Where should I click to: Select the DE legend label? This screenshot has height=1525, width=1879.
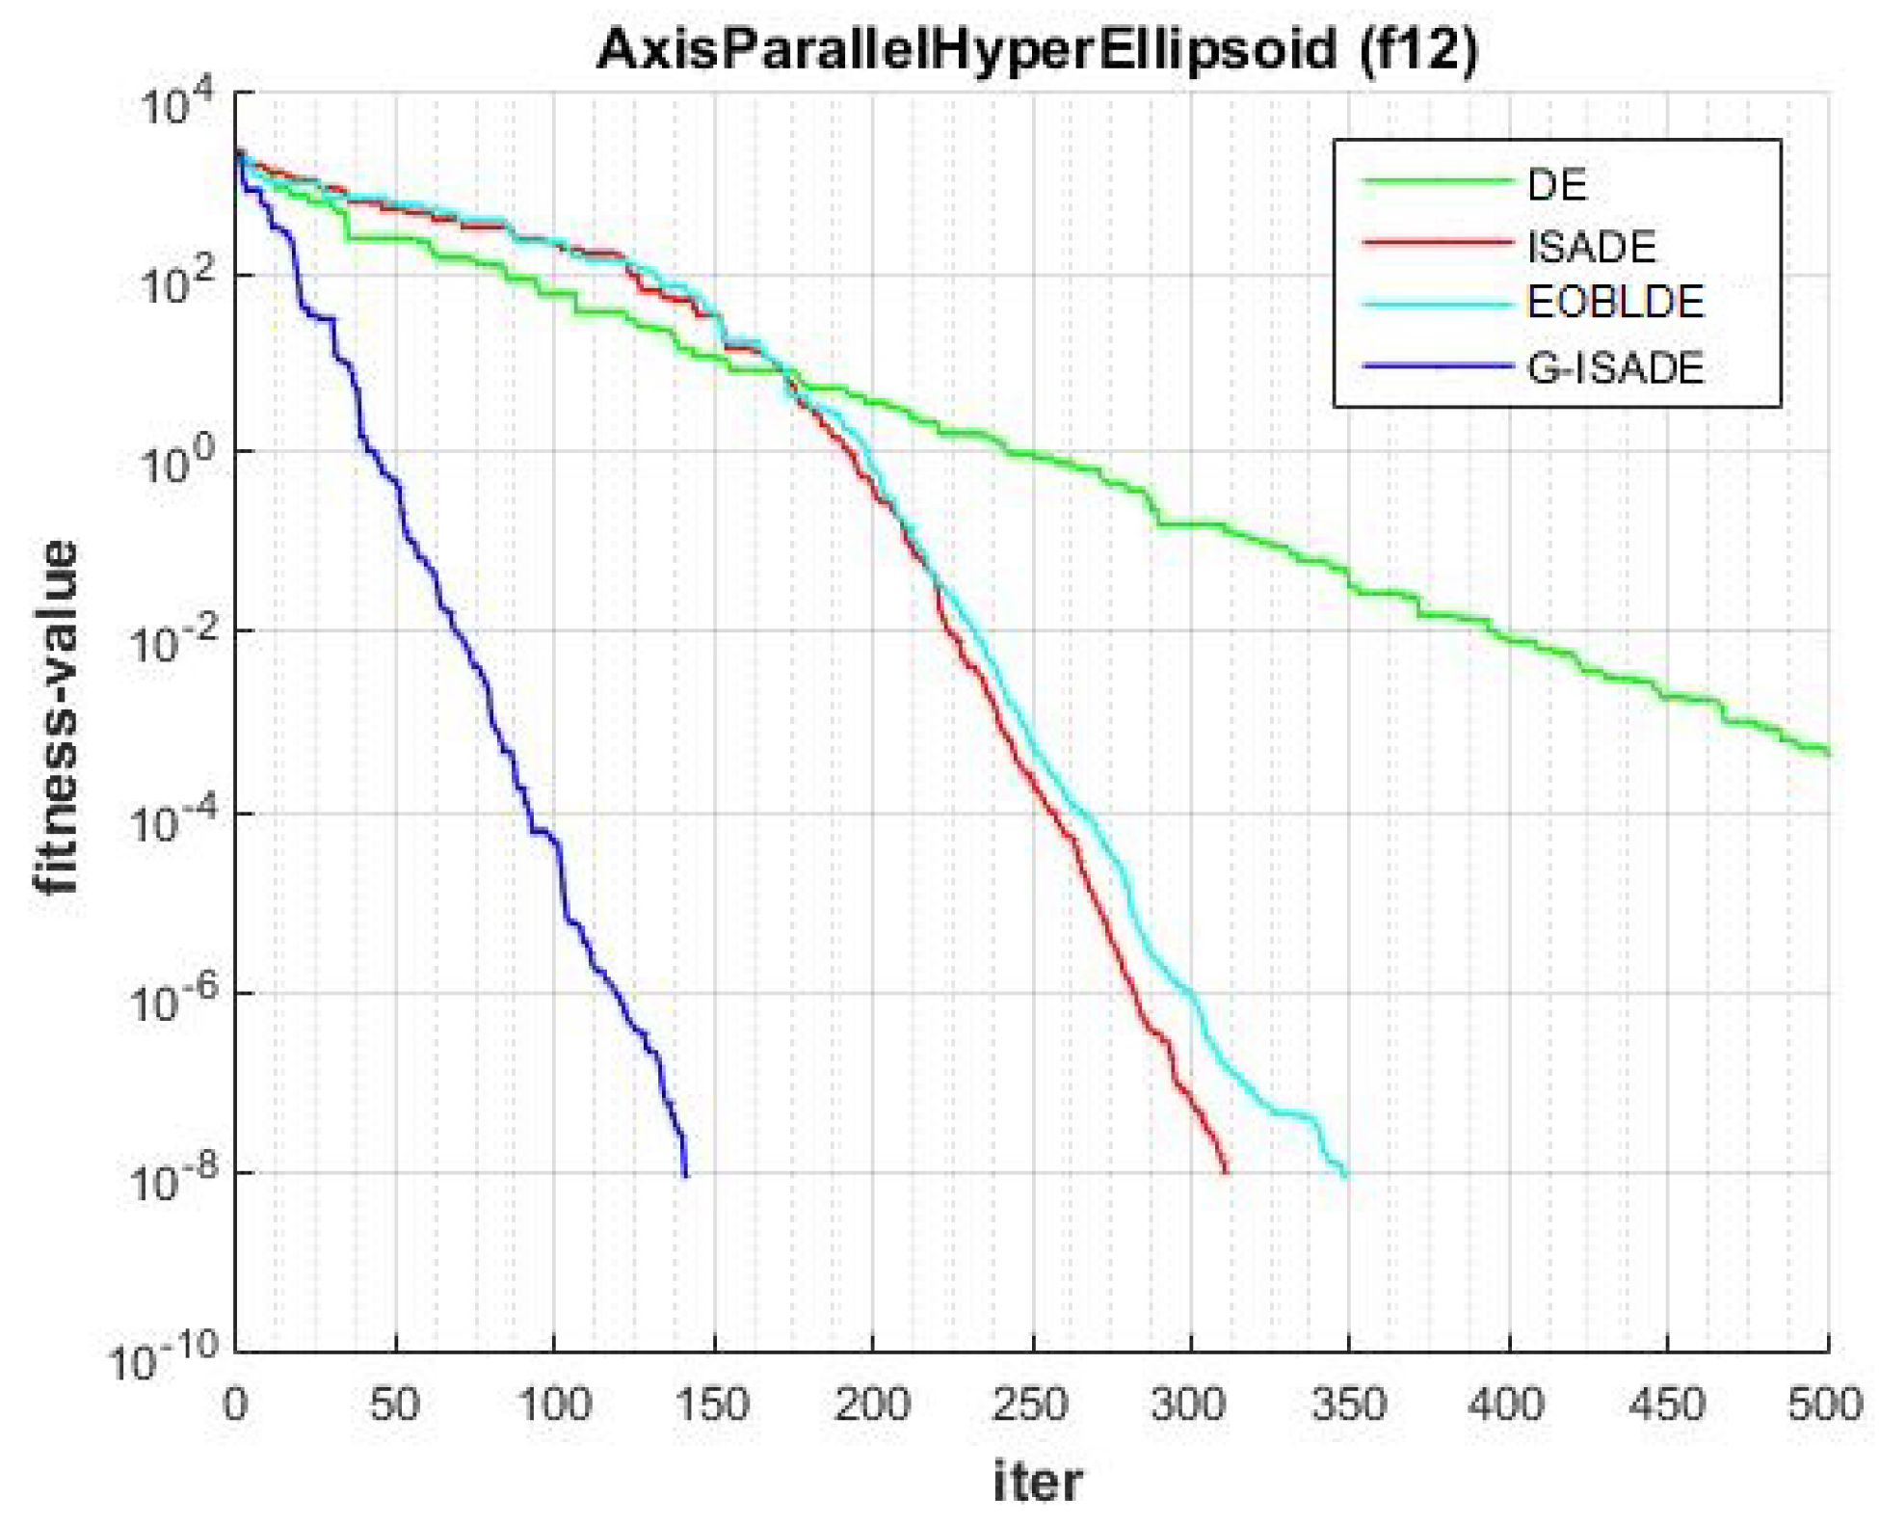tap(1556, 184)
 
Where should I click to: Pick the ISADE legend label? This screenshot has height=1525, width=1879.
tap(1591, 247)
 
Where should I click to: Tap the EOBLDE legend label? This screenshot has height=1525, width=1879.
tap(1615, 303)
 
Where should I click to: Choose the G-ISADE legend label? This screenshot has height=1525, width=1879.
tap(1615, 367)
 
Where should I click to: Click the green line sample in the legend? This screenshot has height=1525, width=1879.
tap(1436, 182)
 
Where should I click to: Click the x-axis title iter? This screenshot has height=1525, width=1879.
tap(1037, 1482)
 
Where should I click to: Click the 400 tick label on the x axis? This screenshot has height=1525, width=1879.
tap(1507, 1405)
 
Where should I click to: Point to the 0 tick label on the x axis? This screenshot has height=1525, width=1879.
tap(235, 1405)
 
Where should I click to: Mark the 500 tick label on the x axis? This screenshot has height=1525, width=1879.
tap(1825, 1405)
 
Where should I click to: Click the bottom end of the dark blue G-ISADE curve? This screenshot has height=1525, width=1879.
tap(685, 1174)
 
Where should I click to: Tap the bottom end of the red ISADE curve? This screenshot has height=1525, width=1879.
tap(1226, 1171)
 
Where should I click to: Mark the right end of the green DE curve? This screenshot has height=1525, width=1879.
tap(1826, 752)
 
